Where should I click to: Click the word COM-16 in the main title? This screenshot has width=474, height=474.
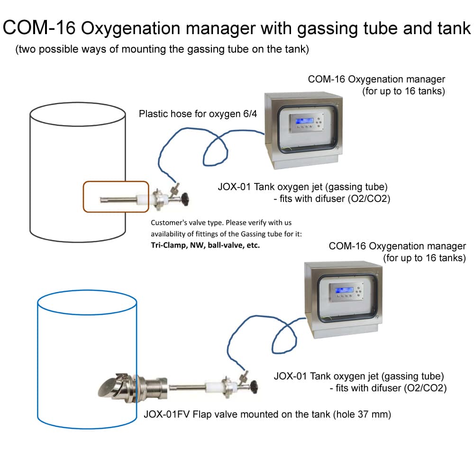(39, 28)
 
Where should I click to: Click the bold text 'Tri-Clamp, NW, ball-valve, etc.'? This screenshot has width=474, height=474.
(205, 246)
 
